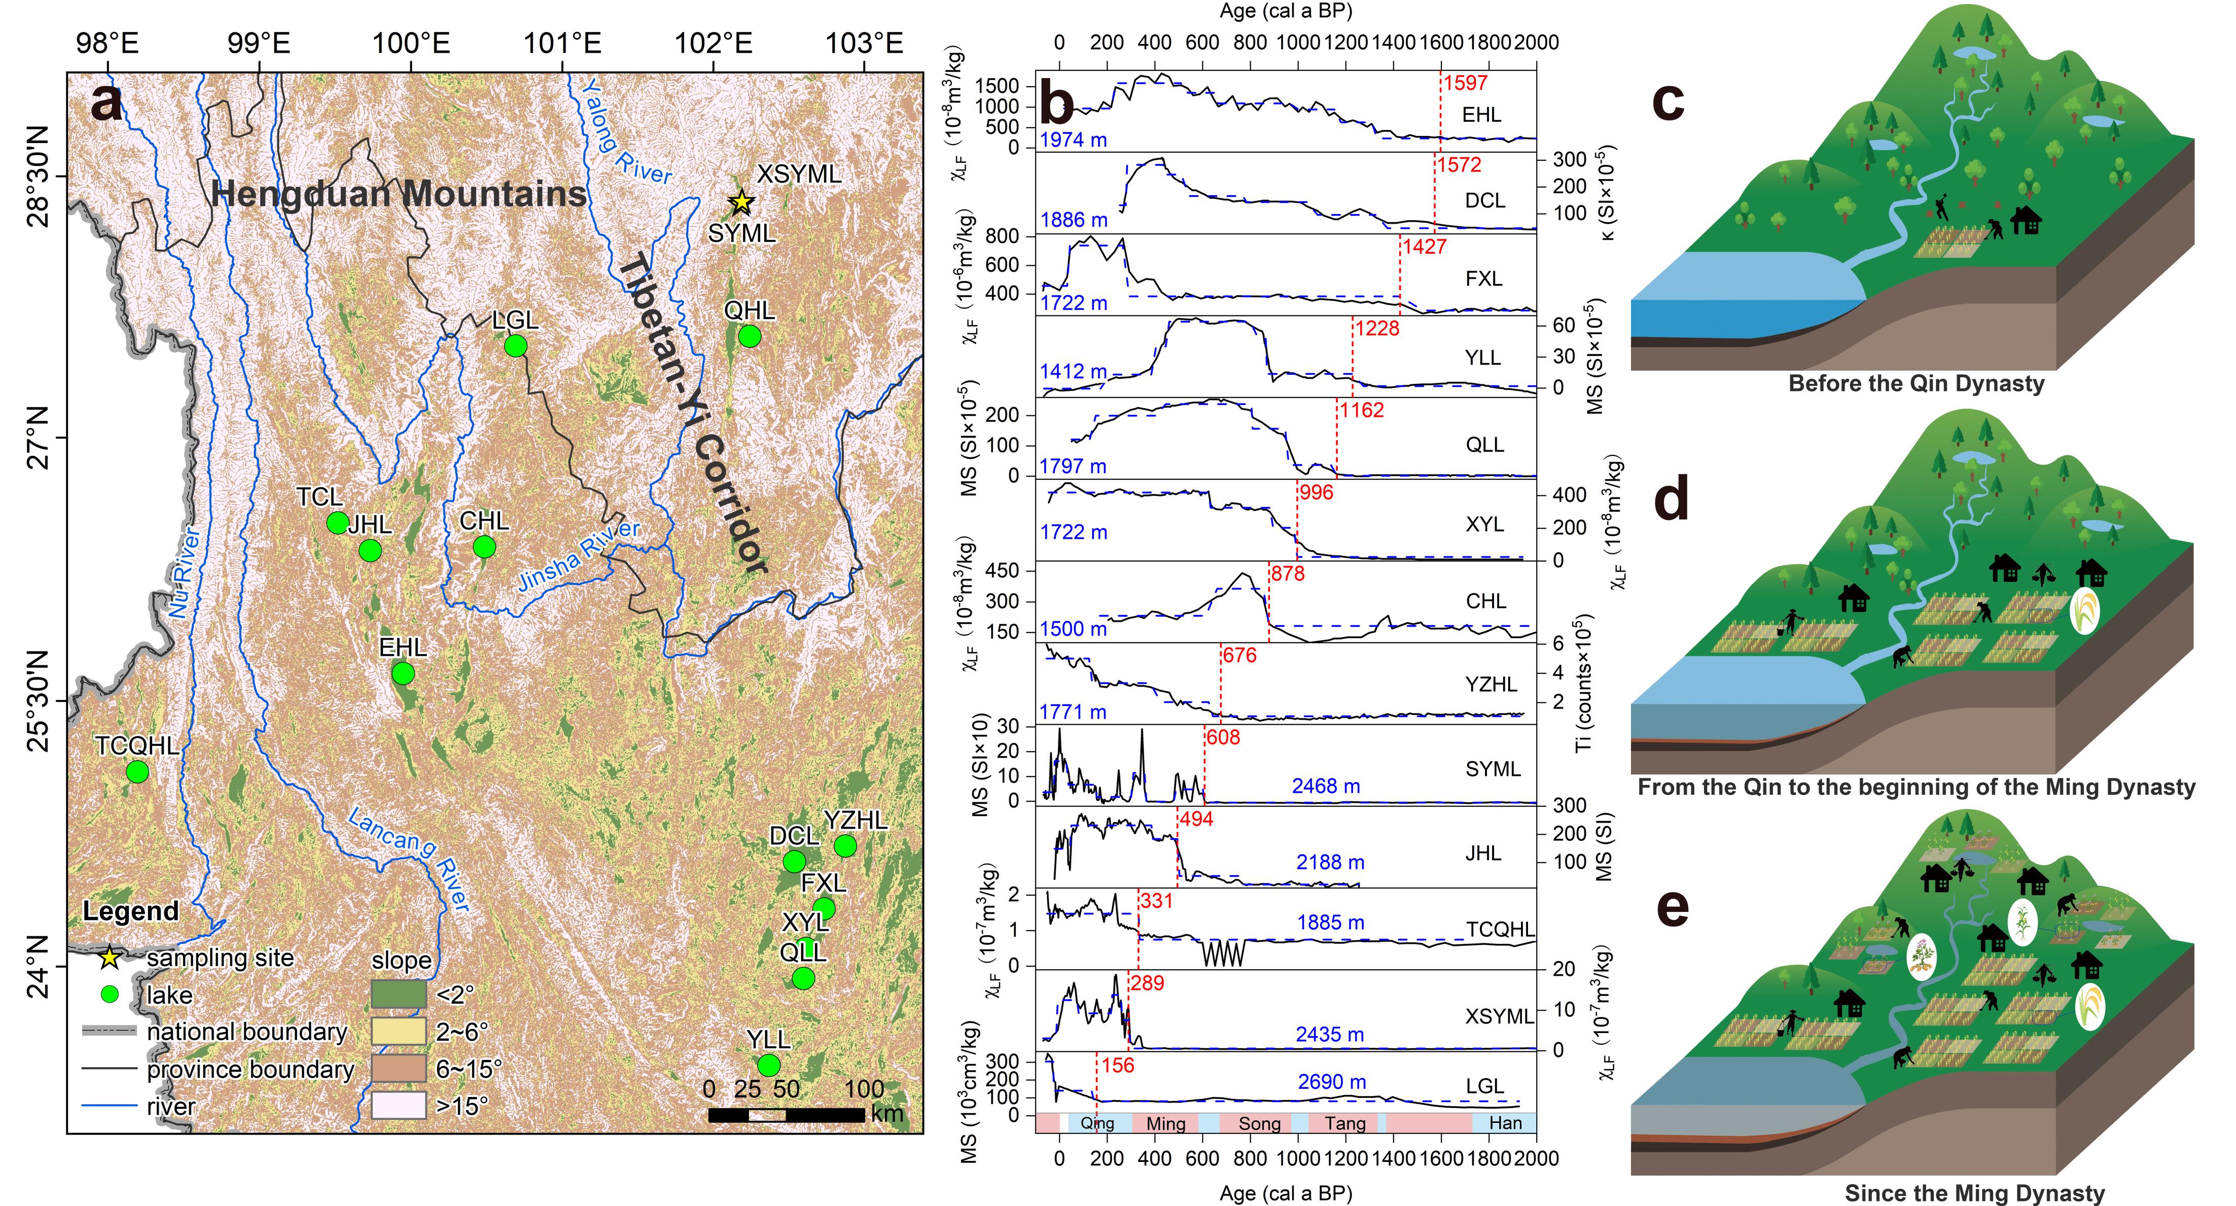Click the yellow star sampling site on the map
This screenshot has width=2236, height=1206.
[x=740, y=202]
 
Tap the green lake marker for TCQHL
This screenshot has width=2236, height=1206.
[x=137, y=771]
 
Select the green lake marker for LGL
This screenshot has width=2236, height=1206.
[x=516, y=345]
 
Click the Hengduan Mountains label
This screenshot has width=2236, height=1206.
[x=399, y=194]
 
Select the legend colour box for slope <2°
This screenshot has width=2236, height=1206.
[x=399, y=994]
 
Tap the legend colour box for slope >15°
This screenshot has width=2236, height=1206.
[x=399, y=1105]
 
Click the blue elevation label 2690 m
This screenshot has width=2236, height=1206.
[x=1332, y=1082]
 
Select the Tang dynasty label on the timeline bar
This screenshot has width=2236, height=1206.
[x=1344, y=1123]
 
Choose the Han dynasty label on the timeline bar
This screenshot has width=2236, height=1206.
[x=1505, y=1123]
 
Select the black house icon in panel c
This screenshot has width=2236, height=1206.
[x=2027, y=221]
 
